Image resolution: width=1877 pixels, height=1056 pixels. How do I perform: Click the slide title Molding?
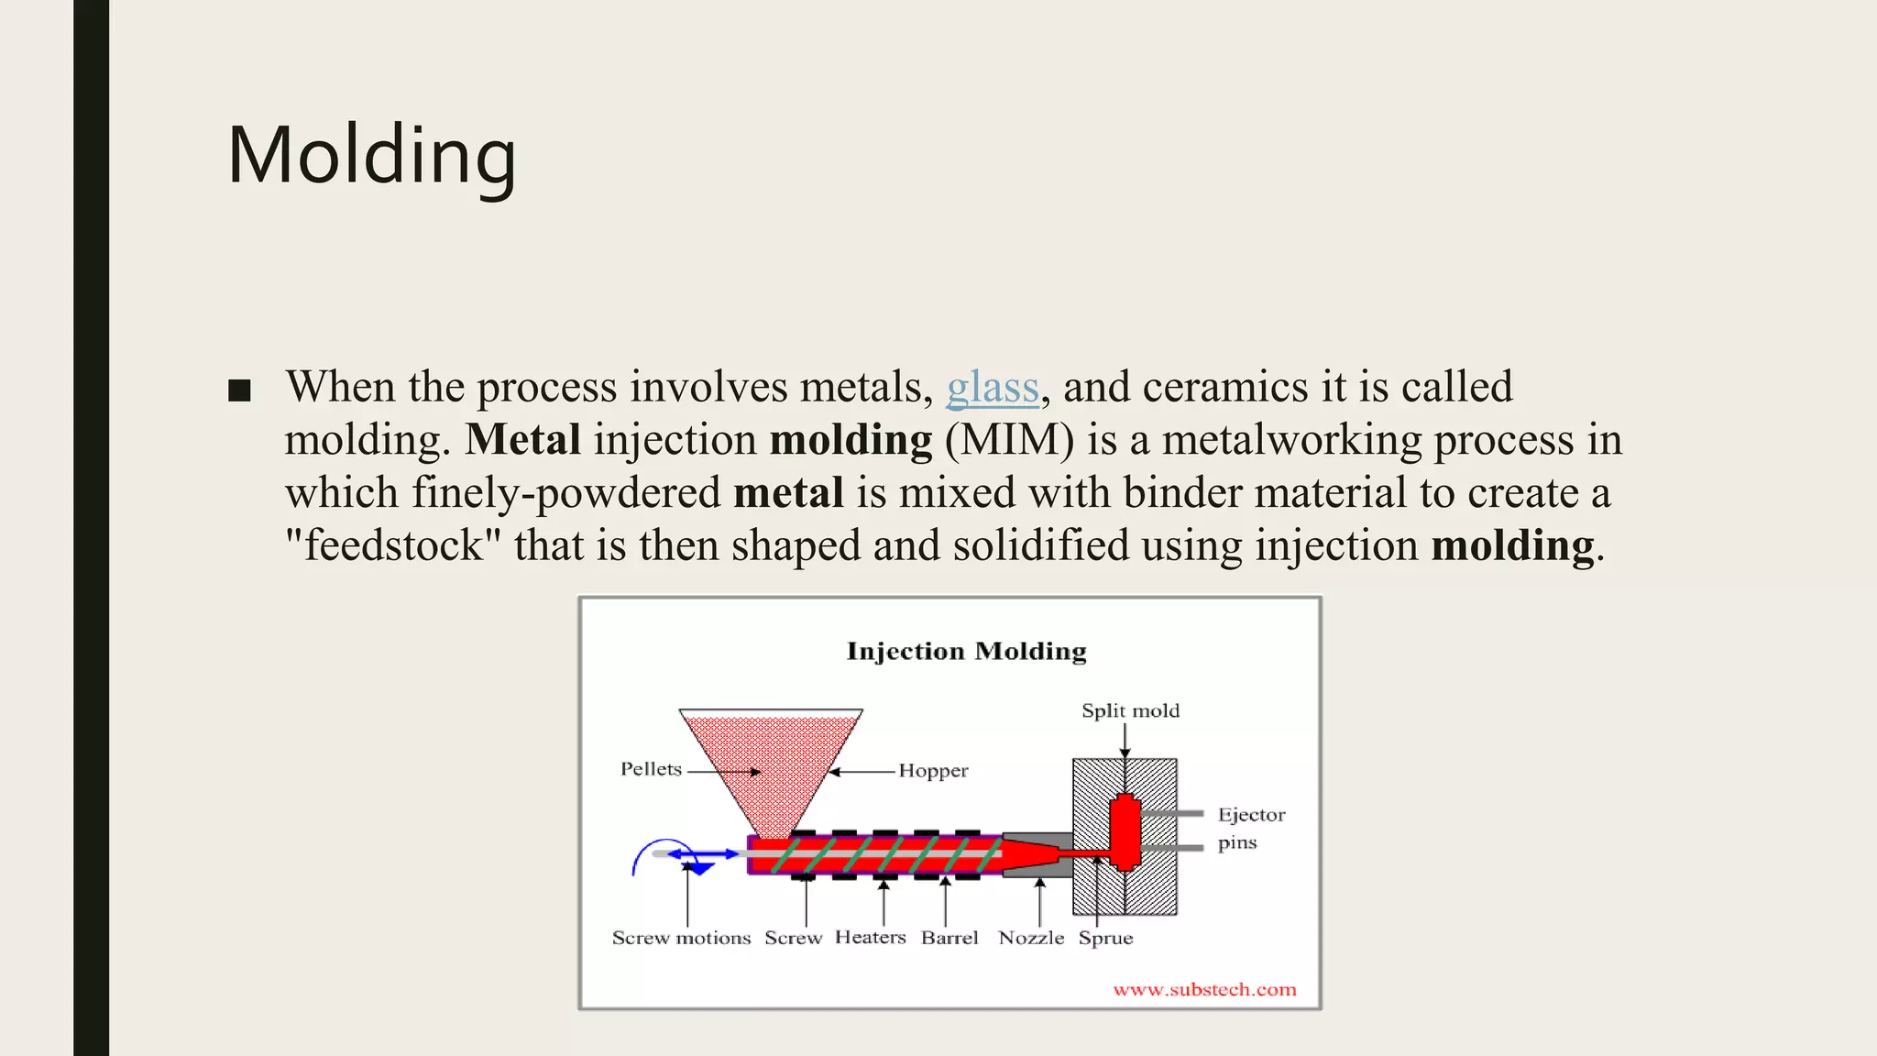(371, 156)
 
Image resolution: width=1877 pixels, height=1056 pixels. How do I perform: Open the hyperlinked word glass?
(993, 387)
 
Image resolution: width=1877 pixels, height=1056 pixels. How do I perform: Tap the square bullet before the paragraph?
(239, 390)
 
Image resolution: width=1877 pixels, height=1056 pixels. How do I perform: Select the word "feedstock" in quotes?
(393, 545)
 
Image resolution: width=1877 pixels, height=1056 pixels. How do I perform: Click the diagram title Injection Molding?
(966, 651)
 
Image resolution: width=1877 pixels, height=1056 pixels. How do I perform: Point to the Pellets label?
(651, 769)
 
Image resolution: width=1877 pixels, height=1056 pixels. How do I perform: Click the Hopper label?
(933, 771)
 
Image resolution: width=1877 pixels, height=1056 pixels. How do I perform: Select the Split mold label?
(1130, 710)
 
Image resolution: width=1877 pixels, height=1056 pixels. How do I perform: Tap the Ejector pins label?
(1250, 828)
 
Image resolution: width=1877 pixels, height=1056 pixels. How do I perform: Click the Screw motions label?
(681, 938)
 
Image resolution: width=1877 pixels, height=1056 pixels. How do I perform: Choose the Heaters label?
(870, 937)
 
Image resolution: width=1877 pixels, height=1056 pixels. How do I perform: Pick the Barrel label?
(949, 938)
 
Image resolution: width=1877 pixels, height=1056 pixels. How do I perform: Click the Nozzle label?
(1031, 938)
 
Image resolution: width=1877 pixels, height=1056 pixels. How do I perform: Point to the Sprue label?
(1105, 938)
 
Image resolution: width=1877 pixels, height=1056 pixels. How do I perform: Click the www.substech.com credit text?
(1204, 989)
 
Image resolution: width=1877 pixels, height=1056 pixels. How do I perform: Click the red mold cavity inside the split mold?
(1125, 830)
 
